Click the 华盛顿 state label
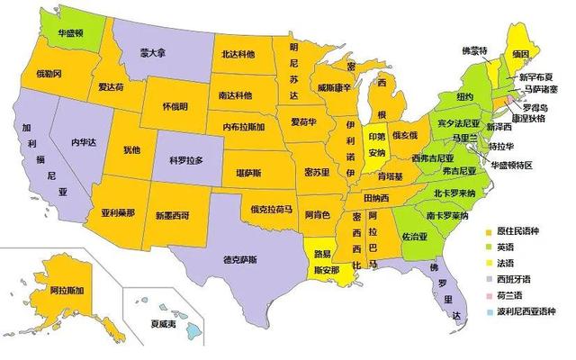point(71,33)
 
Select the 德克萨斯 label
point(240,259)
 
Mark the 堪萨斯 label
point(248,171)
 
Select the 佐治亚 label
point(415,237)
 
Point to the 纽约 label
point(464,97)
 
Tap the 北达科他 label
point(243,53)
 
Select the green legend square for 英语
point(489,247)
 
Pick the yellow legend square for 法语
point(489,263)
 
